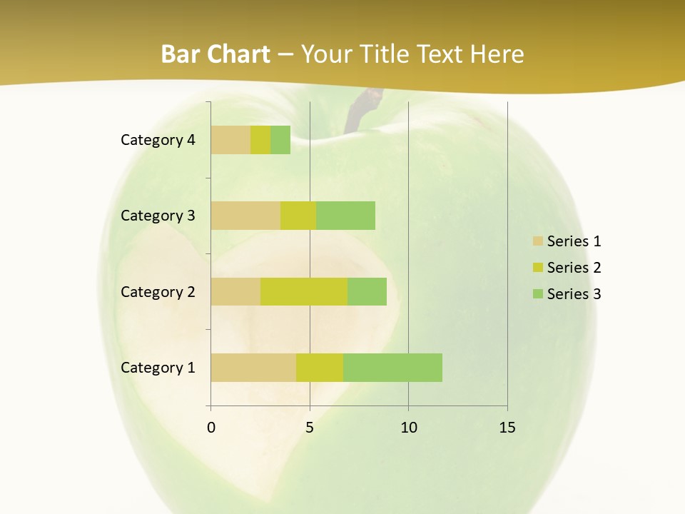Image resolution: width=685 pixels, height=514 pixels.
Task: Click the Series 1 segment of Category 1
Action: [x=253, y=368]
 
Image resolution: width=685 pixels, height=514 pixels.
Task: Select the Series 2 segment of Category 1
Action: [x=320, y=368]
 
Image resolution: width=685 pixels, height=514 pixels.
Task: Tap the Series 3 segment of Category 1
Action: [x=392, y=368]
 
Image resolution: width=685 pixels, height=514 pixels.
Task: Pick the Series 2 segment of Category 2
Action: [x=304, y=291]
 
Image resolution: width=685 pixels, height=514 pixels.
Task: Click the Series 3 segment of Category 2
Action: [x=367, y=291]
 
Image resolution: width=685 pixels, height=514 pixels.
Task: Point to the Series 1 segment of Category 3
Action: [x=245, y=216]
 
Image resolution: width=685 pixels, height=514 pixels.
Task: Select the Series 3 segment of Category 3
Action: [x=345, y=216]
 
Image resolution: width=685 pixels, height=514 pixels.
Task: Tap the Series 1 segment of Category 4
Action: [x=230, y=140]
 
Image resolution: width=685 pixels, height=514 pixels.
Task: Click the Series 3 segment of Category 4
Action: [x=280, y=140]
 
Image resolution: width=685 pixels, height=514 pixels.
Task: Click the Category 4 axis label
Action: [x=158, y=140]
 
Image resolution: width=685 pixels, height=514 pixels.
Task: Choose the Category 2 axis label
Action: [x=158, y=291]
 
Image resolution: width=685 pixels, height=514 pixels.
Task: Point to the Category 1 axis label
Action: [x=158, y=368]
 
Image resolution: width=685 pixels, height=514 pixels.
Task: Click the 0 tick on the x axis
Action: [x=211, y=428]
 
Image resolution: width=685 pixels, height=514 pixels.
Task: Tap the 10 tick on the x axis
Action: [x=408, y=428]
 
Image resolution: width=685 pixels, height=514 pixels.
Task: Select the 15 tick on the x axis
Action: [x=507, y=428]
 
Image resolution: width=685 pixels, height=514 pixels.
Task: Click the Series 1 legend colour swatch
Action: [x=537, y=241]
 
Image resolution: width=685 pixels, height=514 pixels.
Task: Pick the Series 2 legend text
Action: [x=574, y=268]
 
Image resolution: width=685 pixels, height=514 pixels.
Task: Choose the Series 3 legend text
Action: [x=574, y=294]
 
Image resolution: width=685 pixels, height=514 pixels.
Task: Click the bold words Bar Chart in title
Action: [x=215, y=54]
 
